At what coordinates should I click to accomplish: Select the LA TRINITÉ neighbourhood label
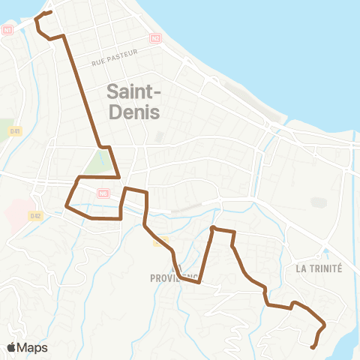(x=319, y=268)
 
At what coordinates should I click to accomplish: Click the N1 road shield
(x=7, y=30)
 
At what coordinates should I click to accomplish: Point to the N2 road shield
(x=155, y=37)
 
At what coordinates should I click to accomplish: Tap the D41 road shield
(x=15, y=131)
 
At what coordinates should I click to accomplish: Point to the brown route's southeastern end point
(x=313, y=346)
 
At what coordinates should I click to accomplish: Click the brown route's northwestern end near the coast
(x=49, y=12)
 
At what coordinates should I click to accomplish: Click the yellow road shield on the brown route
(x=160, y=241)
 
